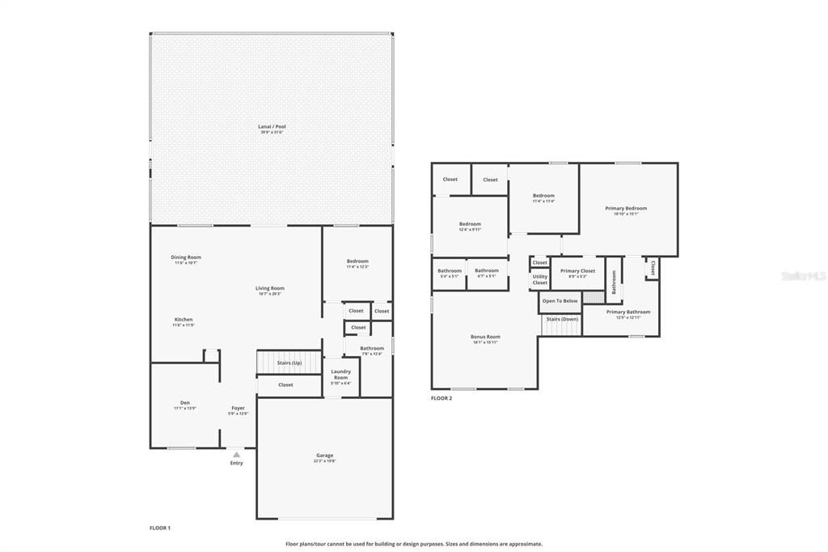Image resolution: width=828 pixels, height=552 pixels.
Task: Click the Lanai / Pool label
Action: pos(272,127)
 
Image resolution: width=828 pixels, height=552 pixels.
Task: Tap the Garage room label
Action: pos(324,456)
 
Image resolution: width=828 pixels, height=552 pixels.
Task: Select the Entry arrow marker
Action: pos(236,455)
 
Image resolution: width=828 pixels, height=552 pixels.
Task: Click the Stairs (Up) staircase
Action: pos(289,363)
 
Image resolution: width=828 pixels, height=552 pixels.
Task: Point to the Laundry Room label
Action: pos(341,375)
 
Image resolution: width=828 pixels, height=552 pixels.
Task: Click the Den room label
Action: pos(184,403)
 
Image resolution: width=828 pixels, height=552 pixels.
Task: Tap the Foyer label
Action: pos(238,409)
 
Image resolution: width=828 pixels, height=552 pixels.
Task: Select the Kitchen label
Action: pos(184,320)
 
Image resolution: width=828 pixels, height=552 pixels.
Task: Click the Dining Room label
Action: pos(186,257)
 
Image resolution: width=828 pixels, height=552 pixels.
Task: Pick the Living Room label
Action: pos(270,288)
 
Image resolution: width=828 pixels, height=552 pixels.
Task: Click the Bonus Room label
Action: pos(485,337)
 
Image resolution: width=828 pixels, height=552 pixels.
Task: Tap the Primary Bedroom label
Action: pos(626,209)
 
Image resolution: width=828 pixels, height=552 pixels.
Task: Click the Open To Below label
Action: pos(560,301)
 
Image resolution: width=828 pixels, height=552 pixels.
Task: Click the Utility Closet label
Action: pos(539,279)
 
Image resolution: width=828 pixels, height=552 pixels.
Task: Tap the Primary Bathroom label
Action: pos(627,312)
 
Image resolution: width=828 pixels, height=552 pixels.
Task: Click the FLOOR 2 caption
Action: pos(441,398)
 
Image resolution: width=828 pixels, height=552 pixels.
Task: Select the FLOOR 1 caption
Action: pos(160,528)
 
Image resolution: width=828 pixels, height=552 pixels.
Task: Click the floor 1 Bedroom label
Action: pos(357,261)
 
